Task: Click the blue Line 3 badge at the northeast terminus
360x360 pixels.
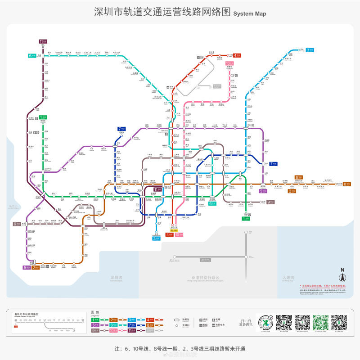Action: [x=310, y=49]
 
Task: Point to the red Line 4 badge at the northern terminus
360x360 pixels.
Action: [x=237, y=55]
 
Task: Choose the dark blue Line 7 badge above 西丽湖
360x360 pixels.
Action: [x=121, y=129]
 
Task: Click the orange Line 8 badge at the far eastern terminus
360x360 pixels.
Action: [x=346, y=184]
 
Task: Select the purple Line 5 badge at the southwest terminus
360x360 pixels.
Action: [x=27, y=268]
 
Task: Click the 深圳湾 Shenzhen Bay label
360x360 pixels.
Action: [x=117, y=278]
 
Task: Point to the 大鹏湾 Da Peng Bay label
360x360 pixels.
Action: [x=288, y=278]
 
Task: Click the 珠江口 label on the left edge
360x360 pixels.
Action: [x=12, y=207]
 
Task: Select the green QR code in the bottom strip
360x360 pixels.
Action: [x=321, y=322]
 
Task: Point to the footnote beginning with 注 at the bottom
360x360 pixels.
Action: [x=180, y=349]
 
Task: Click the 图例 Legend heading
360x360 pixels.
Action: [x=95, y=312]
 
